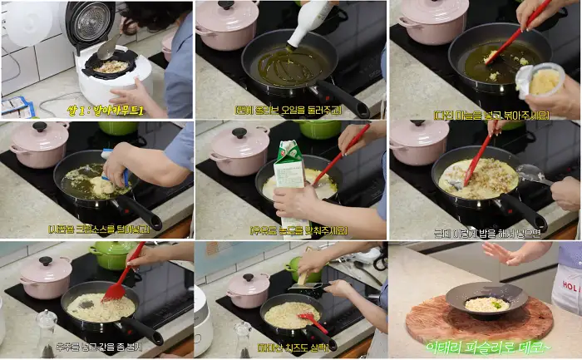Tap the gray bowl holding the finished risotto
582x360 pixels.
click(486, 299)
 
